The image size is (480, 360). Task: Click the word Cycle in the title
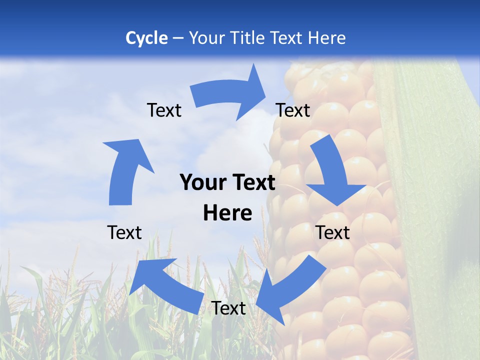click(146, 38)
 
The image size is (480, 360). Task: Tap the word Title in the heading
click(248, 38)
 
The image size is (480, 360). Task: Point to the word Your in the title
click(206, 38)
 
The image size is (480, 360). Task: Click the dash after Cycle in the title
click(178, 38)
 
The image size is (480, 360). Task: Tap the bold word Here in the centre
click(227, 213)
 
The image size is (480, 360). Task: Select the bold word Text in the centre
click(251, 183)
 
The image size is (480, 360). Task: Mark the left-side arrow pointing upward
click(125, 170)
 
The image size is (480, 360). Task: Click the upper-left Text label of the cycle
click(164, 110)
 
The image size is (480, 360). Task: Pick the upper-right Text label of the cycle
click(293, 110)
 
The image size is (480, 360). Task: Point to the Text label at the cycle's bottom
click(228, 308)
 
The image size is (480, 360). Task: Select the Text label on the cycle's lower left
click(124, 232)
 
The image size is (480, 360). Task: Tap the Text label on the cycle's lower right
click(333, 232)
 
